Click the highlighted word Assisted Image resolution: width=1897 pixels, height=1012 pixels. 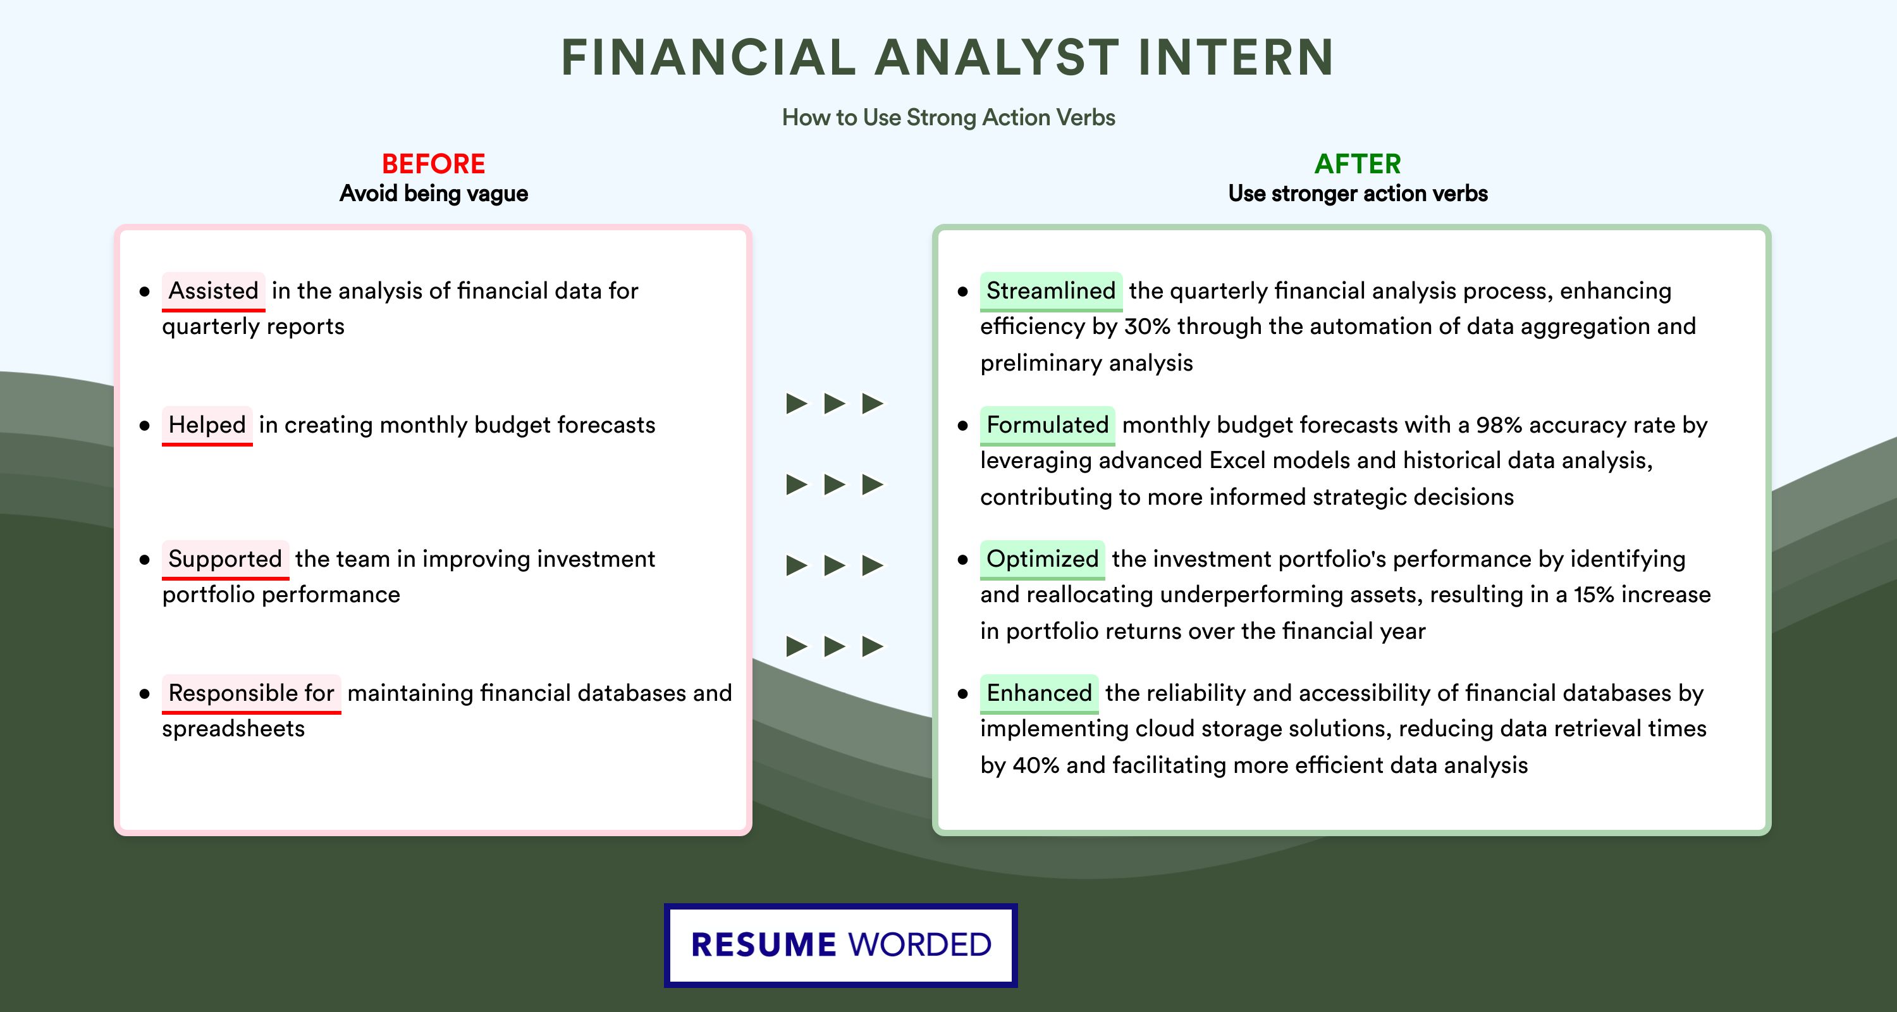(x=214, y=291)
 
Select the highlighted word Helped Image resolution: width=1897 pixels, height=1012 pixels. (x=207, y=425)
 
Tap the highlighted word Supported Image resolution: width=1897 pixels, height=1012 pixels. (x=225, y=559)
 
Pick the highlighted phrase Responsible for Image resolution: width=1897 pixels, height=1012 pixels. (x=251, y=693)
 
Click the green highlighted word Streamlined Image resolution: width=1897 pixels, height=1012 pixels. (x=1051, y=291)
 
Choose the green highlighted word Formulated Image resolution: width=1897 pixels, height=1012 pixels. (x=1047, y=425)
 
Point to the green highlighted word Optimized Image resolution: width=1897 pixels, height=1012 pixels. (x=1042, y=559)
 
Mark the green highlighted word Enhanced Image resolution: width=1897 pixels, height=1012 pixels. (x=1039, y=693)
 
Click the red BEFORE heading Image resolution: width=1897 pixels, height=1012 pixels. (x=434, y=164)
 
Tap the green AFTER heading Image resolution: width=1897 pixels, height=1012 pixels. (x=1358, y=164)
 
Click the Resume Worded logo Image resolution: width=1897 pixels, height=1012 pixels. (x=841, y=945)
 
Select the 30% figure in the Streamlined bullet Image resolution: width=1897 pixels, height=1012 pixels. (x=1147, y=326)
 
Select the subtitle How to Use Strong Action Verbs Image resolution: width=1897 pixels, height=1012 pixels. (x=948, y=118)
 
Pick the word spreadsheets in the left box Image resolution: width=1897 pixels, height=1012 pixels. (x=233, y=729)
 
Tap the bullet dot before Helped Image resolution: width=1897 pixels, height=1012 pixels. (x=144, y=426)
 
